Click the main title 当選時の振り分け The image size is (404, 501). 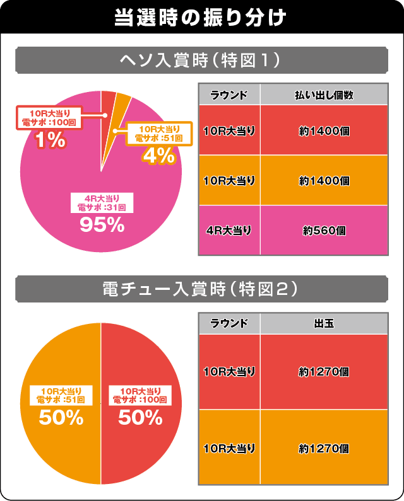click(201, 16)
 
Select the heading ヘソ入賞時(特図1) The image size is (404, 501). click(201, 61)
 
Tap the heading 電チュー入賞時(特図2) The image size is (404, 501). click(201, 291)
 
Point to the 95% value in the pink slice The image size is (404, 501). click(102, 225)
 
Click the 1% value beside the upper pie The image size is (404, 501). click(50, 140)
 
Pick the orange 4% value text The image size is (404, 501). click(158, 156)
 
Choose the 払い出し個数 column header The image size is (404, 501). click(324, 95)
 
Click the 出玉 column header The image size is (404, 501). click(324, 324)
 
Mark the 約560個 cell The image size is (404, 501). click(324, 231)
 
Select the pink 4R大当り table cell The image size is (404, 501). click(229, 231)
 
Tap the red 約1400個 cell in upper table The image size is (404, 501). click(324, 131)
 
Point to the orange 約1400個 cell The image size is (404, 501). click(324, 181)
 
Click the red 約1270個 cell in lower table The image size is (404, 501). click(324, 372)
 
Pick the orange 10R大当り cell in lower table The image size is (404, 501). click(229, 448)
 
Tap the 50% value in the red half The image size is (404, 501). click(141, 417)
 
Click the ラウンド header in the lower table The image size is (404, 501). click(229, 324)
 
